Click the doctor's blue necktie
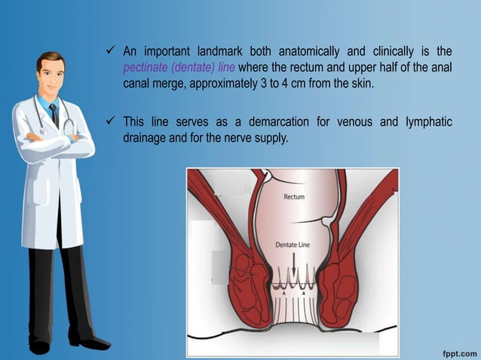click(54, 115)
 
